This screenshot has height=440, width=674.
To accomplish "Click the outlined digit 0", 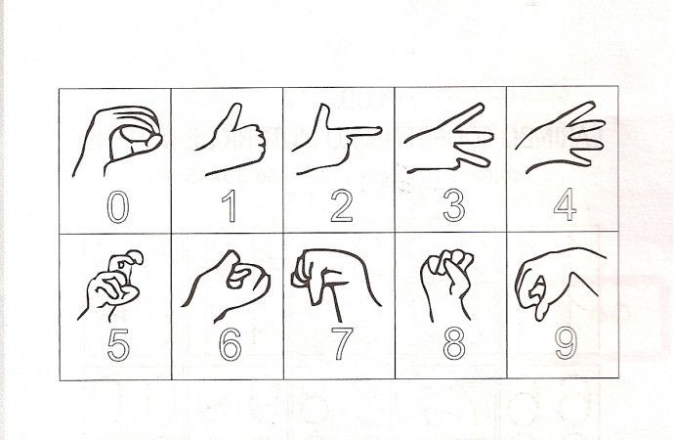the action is click(107, 207).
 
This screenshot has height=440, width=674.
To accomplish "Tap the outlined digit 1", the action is click(232, 206).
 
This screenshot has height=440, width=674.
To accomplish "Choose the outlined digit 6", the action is click(222, 346).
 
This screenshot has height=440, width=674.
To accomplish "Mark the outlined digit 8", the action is click(454, 344).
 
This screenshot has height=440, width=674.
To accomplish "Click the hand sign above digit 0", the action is click(118, 141).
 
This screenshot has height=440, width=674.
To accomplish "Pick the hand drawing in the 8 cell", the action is click(447, 285).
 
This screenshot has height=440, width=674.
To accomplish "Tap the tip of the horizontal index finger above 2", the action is click(380, 130).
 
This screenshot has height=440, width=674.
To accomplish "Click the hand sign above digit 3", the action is click(448, 138).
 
